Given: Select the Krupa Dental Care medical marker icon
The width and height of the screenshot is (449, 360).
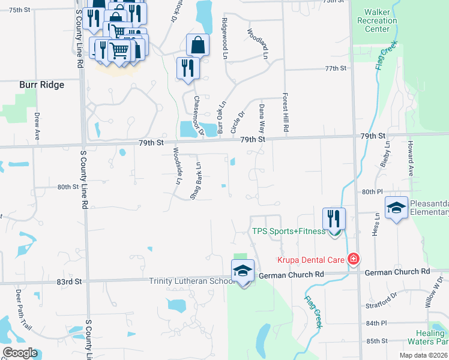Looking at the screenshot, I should tap(354, 259).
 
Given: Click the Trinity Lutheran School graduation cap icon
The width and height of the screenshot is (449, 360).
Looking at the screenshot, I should tap(243, 271).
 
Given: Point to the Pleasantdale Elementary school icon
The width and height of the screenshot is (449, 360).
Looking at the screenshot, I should tap(396, 208).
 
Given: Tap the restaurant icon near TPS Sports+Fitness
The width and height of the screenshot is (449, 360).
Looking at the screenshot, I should tap(334, 218).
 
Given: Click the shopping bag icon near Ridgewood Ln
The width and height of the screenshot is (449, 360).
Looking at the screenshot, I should tap(197, 45).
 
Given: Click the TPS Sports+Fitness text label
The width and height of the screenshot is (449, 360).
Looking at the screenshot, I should tap(288, 232).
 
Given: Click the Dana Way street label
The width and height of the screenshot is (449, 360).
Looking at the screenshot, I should tap(262, 118).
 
